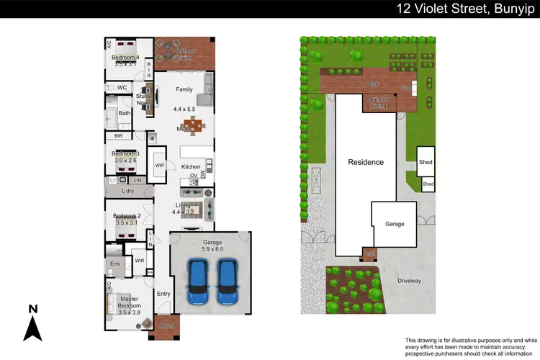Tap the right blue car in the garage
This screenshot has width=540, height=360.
coord(228,282)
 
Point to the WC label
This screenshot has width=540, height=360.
coord(122,88)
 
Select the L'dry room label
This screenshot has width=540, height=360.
coord(129,191)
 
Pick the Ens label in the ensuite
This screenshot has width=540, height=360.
coord(114,264)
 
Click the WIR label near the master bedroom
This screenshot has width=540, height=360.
coord(139,261)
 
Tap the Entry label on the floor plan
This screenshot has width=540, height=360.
coord(163,293)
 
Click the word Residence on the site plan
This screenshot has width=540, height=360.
coord(366,162)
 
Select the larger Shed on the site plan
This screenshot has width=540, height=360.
coord(426,162)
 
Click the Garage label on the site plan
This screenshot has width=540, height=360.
coord(394,224)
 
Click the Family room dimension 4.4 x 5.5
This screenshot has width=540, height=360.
coord(184,109)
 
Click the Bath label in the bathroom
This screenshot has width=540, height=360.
coord(124,113)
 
